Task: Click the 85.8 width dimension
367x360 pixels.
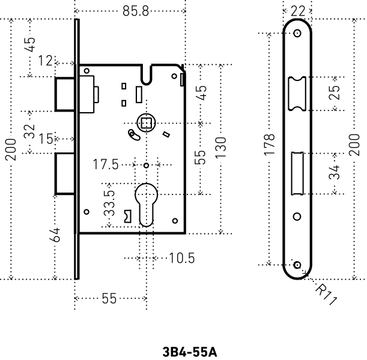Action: click(x=135, y=11)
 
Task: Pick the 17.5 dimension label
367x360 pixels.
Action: click(x=107, y=164)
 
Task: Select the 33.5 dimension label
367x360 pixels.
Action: click(x=109, y=205)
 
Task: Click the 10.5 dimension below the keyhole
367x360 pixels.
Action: click(x=181, y=258)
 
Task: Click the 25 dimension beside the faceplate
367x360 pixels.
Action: click(x=335, y=93)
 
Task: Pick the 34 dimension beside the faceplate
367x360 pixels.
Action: click(x=335, y=173)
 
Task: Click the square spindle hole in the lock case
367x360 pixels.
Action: click(x=145, y=124)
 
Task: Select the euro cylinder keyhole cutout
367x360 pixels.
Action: click(x=145, y=204)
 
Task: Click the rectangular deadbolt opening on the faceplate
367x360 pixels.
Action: click(x=297, y=173)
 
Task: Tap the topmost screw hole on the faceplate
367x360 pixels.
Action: click(x=298, y=34)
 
